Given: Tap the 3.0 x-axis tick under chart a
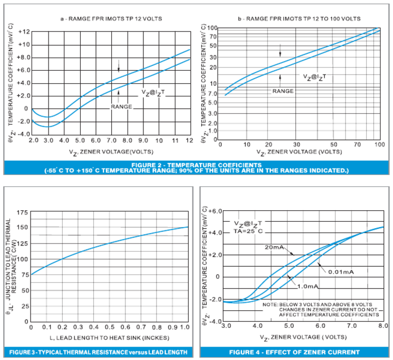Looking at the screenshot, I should (47, 141).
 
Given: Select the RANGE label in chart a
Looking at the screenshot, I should (122, 107).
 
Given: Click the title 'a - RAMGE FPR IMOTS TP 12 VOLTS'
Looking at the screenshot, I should (111, 19).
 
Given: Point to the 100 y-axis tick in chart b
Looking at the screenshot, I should (213, 28).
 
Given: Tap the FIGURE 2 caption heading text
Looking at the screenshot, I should (196, 164).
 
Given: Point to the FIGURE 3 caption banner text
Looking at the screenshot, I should (98, 351).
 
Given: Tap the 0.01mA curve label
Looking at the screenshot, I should (341, 270).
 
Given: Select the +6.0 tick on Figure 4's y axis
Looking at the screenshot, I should (217, 210).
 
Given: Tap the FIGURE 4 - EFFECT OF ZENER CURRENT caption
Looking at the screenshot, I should (294, 351).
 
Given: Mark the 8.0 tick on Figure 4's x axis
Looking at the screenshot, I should (383, 326).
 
